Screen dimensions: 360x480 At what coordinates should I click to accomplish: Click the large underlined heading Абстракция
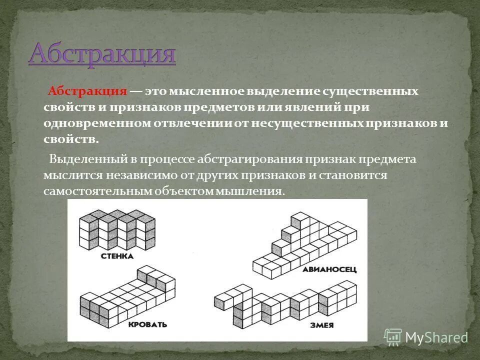(102, 54)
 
